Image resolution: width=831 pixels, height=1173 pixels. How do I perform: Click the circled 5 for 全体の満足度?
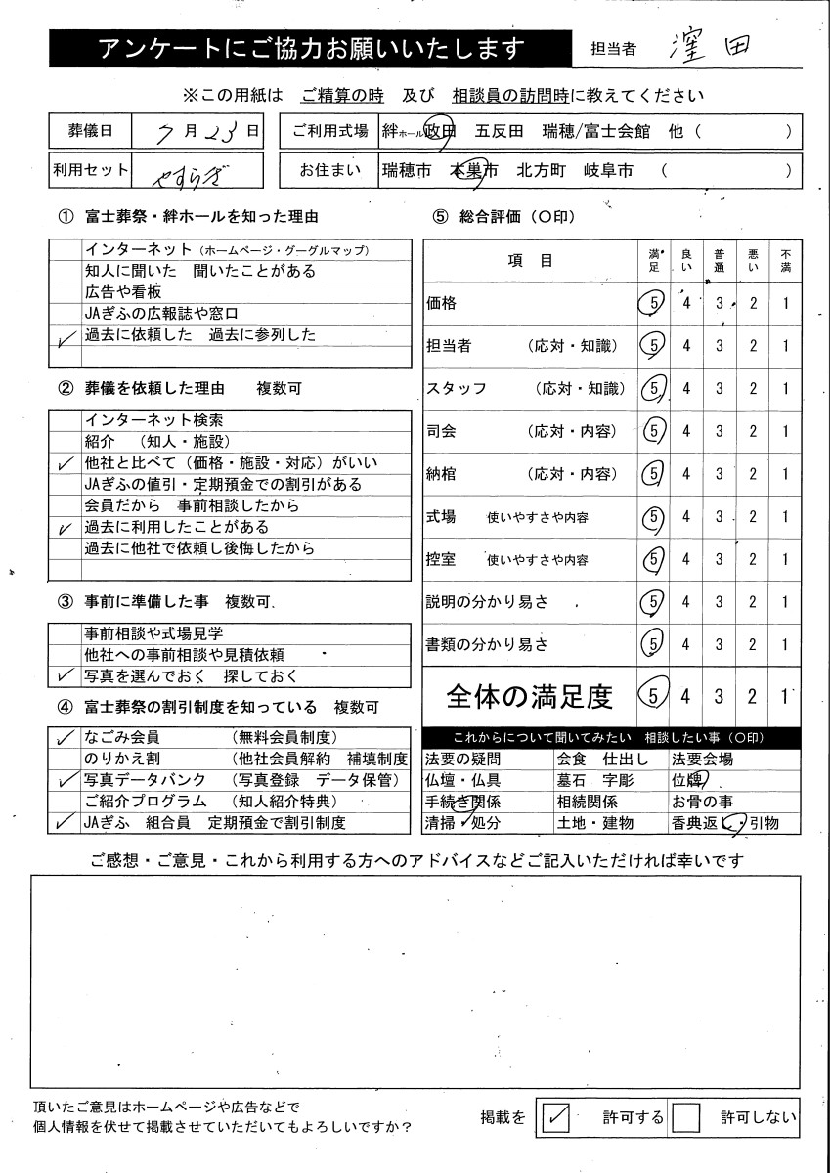click(x=651, y=696)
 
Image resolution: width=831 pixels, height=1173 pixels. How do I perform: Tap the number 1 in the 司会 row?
click(x=786, y=431)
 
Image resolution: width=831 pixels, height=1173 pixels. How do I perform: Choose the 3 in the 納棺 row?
click(x=719, y=474)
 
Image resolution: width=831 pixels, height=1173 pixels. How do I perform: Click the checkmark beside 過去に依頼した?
click(x=66, y=337)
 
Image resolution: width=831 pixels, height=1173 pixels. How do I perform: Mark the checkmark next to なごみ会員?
click(x=66, y=738)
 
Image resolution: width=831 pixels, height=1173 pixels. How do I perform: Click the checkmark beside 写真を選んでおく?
click(x=66, y=675)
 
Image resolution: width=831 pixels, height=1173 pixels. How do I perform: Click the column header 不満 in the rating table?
click(x=786, y=260)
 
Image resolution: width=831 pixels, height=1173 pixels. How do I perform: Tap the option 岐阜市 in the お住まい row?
click(x=609, y=171)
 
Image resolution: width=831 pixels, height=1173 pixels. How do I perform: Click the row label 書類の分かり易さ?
click(x=487, y=644)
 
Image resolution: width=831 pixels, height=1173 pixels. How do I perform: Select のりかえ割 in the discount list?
click(x=122, y=759)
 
